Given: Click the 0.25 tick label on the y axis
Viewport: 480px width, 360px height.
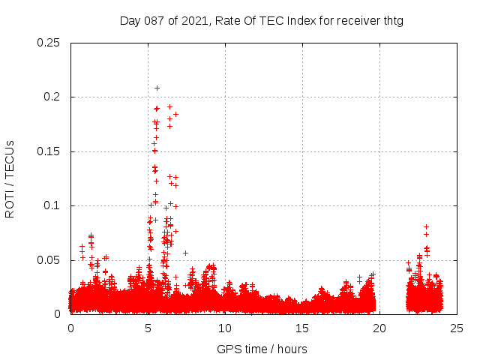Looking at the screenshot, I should (49, 43).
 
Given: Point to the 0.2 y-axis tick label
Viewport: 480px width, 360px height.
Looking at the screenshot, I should (52, 97).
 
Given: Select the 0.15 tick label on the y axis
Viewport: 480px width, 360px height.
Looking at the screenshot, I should (49, 151).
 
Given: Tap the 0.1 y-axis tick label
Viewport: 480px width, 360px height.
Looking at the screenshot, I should (52, 206).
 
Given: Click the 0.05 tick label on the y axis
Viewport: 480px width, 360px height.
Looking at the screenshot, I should (49, 260).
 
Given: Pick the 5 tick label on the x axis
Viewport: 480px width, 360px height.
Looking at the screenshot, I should (148, 328).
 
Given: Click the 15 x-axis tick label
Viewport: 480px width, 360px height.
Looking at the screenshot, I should (302, 328).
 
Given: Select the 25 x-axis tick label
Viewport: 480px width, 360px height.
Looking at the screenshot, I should (457, 328).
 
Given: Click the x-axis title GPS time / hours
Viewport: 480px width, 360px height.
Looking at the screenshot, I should (262, 349).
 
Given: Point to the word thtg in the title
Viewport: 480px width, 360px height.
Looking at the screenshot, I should (392, 20).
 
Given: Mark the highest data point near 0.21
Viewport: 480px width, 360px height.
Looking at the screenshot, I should (157, 88).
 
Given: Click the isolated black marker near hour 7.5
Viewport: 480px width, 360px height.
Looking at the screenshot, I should (185, 253).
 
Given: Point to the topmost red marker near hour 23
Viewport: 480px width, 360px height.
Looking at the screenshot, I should (426, 226).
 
